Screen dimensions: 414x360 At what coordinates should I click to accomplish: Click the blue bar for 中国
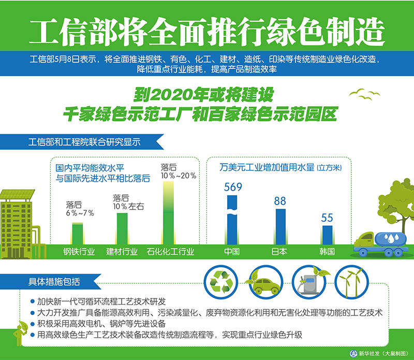click(232, 220)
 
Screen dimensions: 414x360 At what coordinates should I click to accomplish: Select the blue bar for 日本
click(280, 227)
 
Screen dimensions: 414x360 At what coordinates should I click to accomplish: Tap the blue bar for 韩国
click(328, 235)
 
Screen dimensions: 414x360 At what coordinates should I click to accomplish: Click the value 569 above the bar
click(233, 187)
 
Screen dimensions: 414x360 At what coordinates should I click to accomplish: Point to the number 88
click(280, 201)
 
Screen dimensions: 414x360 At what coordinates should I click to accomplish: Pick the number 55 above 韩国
click(327, 218)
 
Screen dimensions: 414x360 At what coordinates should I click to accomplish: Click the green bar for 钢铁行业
click(78, 234)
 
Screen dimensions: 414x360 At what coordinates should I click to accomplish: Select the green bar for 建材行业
click(122, 229)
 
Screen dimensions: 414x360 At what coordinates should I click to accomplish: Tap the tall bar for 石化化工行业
click(169, 213)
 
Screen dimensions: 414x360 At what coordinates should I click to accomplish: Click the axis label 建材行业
click(122, 252)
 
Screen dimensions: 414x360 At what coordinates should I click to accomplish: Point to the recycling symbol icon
click(221, 282)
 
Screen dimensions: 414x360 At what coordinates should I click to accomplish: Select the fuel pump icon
click(309, 282)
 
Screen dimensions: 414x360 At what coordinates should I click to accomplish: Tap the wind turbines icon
click(352, 282)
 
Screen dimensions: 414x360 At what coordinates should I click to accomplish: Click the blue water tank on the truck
click(391, 239)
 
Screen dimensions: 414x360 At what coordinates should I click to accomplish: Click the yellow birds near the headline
click(364, 94)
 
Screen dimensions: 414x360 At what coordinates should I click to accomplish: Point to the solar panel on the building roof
click(18, 194)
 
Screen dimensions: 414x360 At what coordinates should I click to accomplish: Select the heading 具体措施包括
click(54, 282)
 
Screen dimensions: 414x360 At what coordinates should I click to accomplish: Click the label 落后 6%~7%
click(80, 209)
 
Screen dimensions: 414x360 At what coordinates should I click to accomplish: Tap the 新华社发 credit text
click(369, 353)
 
